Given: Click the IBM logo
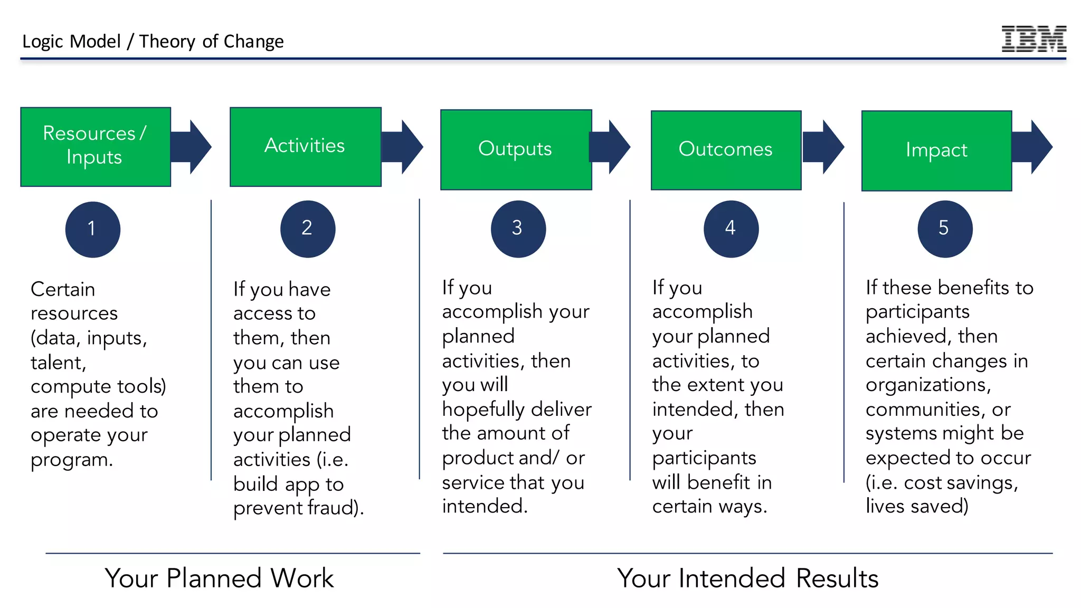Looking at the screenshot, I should click(1033, 39).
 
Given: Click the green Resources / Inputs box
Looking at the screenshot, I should click(96, 147).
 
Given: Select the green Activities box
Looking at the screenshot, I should click(305, 147).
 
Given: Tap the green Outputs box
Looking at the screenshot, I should click(516, 149).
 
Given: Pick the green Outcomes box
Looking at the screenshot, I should click(726, 150).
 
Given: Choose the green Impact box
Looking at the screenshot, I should click(936, 150).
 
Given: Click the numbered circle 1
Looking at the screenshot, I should click(93, 229).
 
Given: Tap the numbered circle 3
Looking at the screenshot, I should click(518, 229).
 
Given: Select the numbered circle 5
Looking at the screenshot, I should click(944, 229).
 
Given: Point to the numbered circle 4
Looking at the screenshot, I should click(731, 229).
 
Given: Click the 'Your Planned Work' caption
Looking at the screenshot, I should click(219, 578).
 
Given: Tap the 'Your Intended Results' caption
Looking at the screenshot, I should click(747, 578).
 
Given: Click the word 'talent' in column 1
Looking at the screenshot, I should click(56, 363).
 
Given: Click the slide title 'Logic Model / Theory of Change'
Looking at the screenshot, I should click(153, 41).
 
